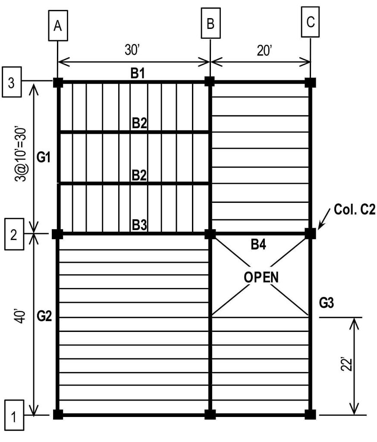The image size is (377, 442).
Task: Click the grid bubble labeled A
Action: click(x=58, y=26)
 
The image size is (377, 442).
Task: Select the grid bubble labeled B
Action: click(x=210, y=24)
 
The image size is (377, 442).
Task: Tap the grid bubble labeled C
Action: click(x=311, y=22)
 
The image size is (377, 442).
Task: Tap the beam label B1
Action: click(x=138, y=73)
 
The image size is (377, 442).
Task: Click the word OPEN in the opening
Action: click(x=261, y=277)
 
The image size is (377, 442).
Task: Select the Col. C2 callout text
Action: click(x=355, y=212)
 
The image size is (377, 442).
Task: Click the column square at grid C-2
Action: click(x=311, y=234)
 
